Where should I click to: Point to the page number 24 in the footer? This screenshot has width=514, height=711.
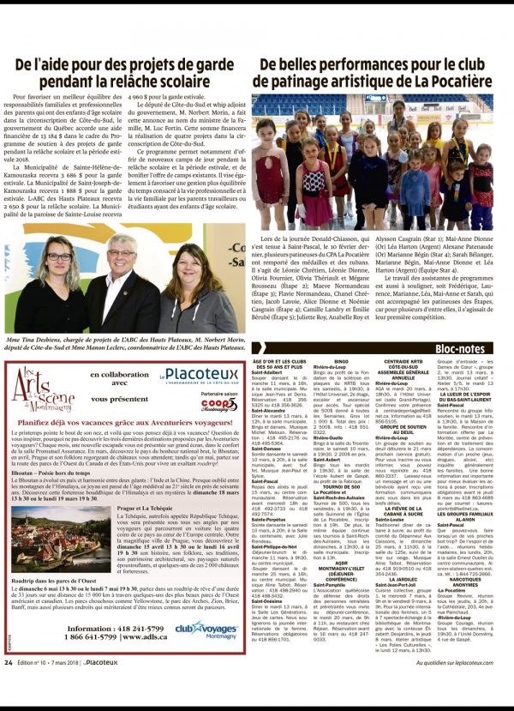coord(9,686)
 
